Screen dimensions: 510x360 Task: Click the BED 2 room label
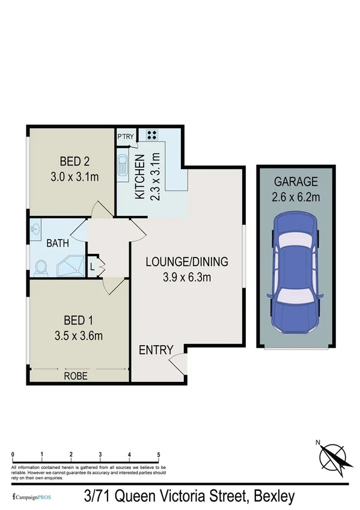[x=75, y=161]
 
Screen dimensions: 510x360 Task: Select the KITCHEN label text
[x=139, y=176]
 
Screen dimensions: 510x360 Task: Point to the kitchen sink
[x=123, y=167]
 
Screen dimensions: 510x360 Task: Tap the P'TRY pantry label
[x=126, y=137]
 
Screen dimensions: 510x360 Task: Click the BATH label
[x=58, y=244]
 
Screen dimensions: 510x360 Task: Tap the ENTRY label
[x=156, y=350]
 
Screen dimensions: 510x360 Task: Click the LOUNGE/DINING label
[x=187, y=262]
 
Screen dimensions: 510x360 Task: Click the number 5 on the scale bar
[x=159, y=454]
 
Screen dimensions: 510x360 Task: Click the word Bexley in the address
[x=275, y=497]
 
